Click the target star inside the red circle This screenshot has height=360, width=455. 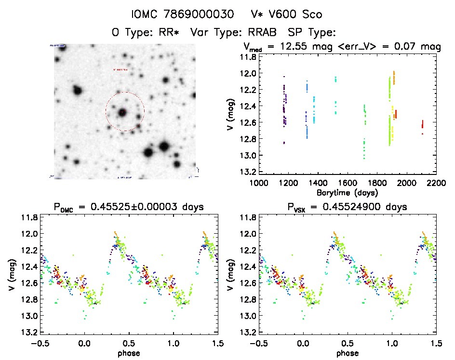(x=123, y=112)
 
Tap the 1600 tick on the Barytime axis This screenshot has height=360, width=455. (x=348, y=183)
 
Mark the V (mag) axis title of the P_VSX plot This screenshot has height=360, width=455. (x=232, y=275)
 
